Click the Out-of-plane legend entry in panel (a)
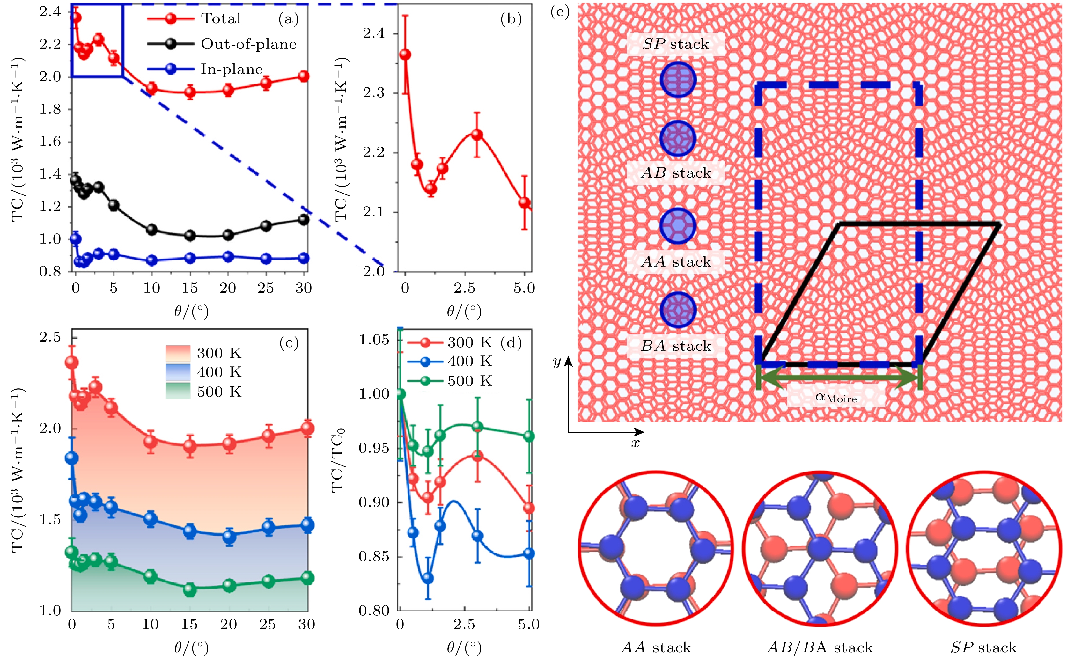tap(248, 44)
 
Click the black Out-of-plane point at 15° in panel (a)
tap(190, 235)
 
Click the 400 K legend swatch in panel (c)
tap(178, 372)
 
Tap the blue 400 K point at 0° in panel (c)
tap(72, 458)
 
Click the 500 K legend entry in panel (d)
tap(470, 381)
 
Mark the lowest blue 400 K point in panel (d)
tap(428, 578)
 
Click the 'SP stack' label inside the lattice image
tap(676, 44)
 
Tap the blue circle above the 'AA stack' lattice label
tap(678, 226)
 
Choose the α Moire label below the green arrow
tap(835, 398)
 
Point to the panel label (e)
tap(560, 12)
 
